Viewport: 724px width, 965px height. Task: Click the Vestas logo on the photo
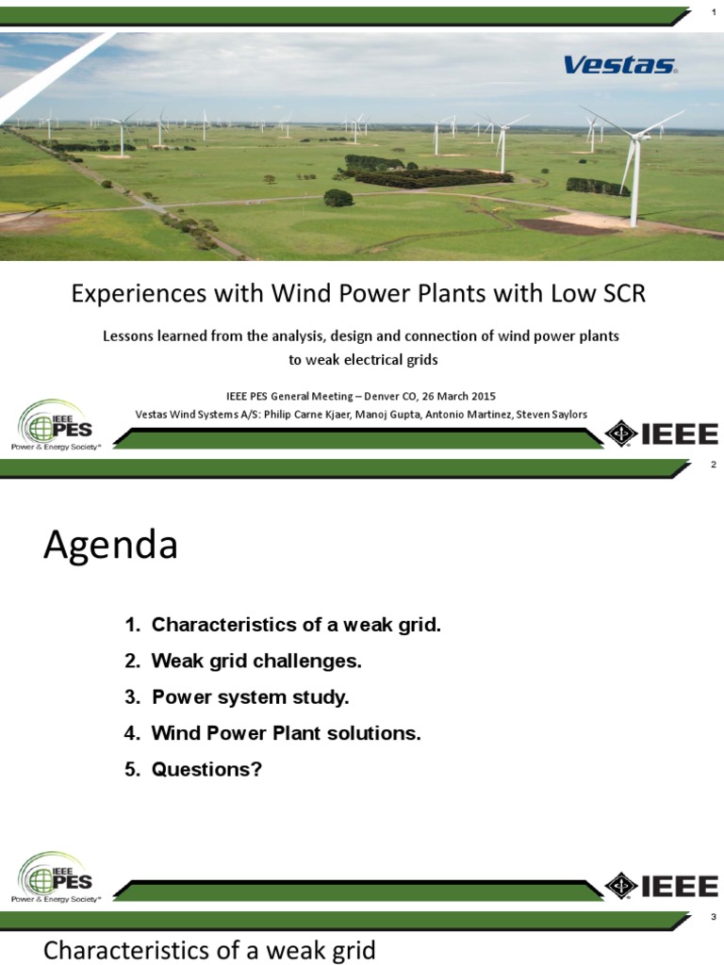[619, 65]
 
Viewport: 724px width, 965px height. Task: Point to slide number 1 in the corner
[713, 11]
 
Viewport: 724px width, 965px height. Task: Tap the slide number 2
[713, 465]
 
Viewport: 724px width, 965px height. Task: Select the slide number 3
[713, 918]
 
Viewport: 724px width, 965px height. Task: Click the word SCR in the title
[620, 293]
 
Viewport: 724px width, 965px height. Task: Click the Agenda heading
[110, 546]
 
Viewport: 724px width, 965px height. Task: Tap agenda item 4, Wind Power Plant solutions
[272, 733]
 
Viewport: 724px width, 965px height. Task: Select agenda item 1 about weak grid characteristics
[283, 625]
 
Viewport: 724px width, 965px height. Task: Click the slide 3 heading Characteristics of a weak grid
[209, 950]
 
